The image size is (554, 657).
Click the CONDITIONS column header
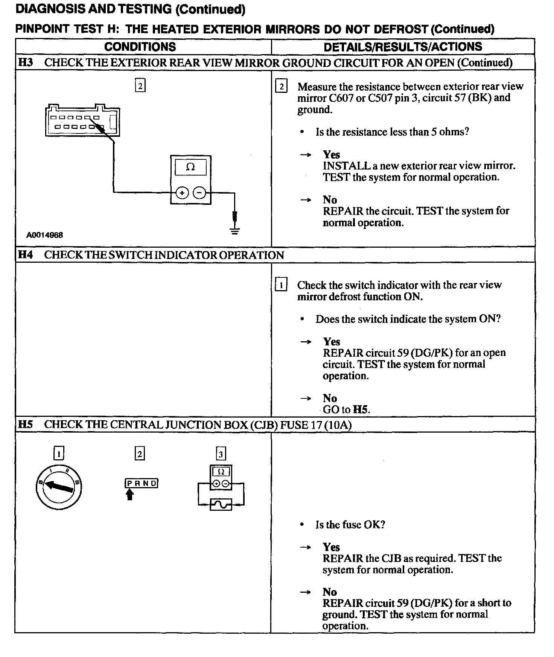tap(140, 47)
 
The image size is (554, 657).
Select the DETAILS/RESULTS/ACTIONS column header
tap(403, 47)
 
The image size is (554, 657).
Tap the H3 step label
tap(25, 62)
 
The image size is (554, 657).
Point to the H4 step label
tap(25, 255)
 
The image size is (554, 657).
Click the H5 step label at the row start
tap(25, 425)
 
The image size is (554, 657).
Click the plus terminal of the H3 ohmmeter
tap(182, 193)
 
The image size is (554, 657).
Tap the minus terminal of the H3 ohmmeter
tap(199, 193)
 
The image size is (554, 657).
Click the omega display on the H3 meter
tap(190, 167)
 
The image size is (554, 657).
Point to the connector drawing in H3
tap(82, 121)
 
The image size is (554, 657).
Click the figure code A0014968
tap(45, 235)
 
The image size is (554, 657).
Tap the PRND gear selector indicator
tap(141, 483)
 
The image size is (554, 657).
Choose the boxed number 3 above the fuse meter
tap(221, 454)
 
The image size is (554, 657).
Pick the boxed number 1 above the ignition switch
tap(58, 453)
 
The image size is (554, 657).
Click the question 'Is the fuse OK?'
tap(350, 525)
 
